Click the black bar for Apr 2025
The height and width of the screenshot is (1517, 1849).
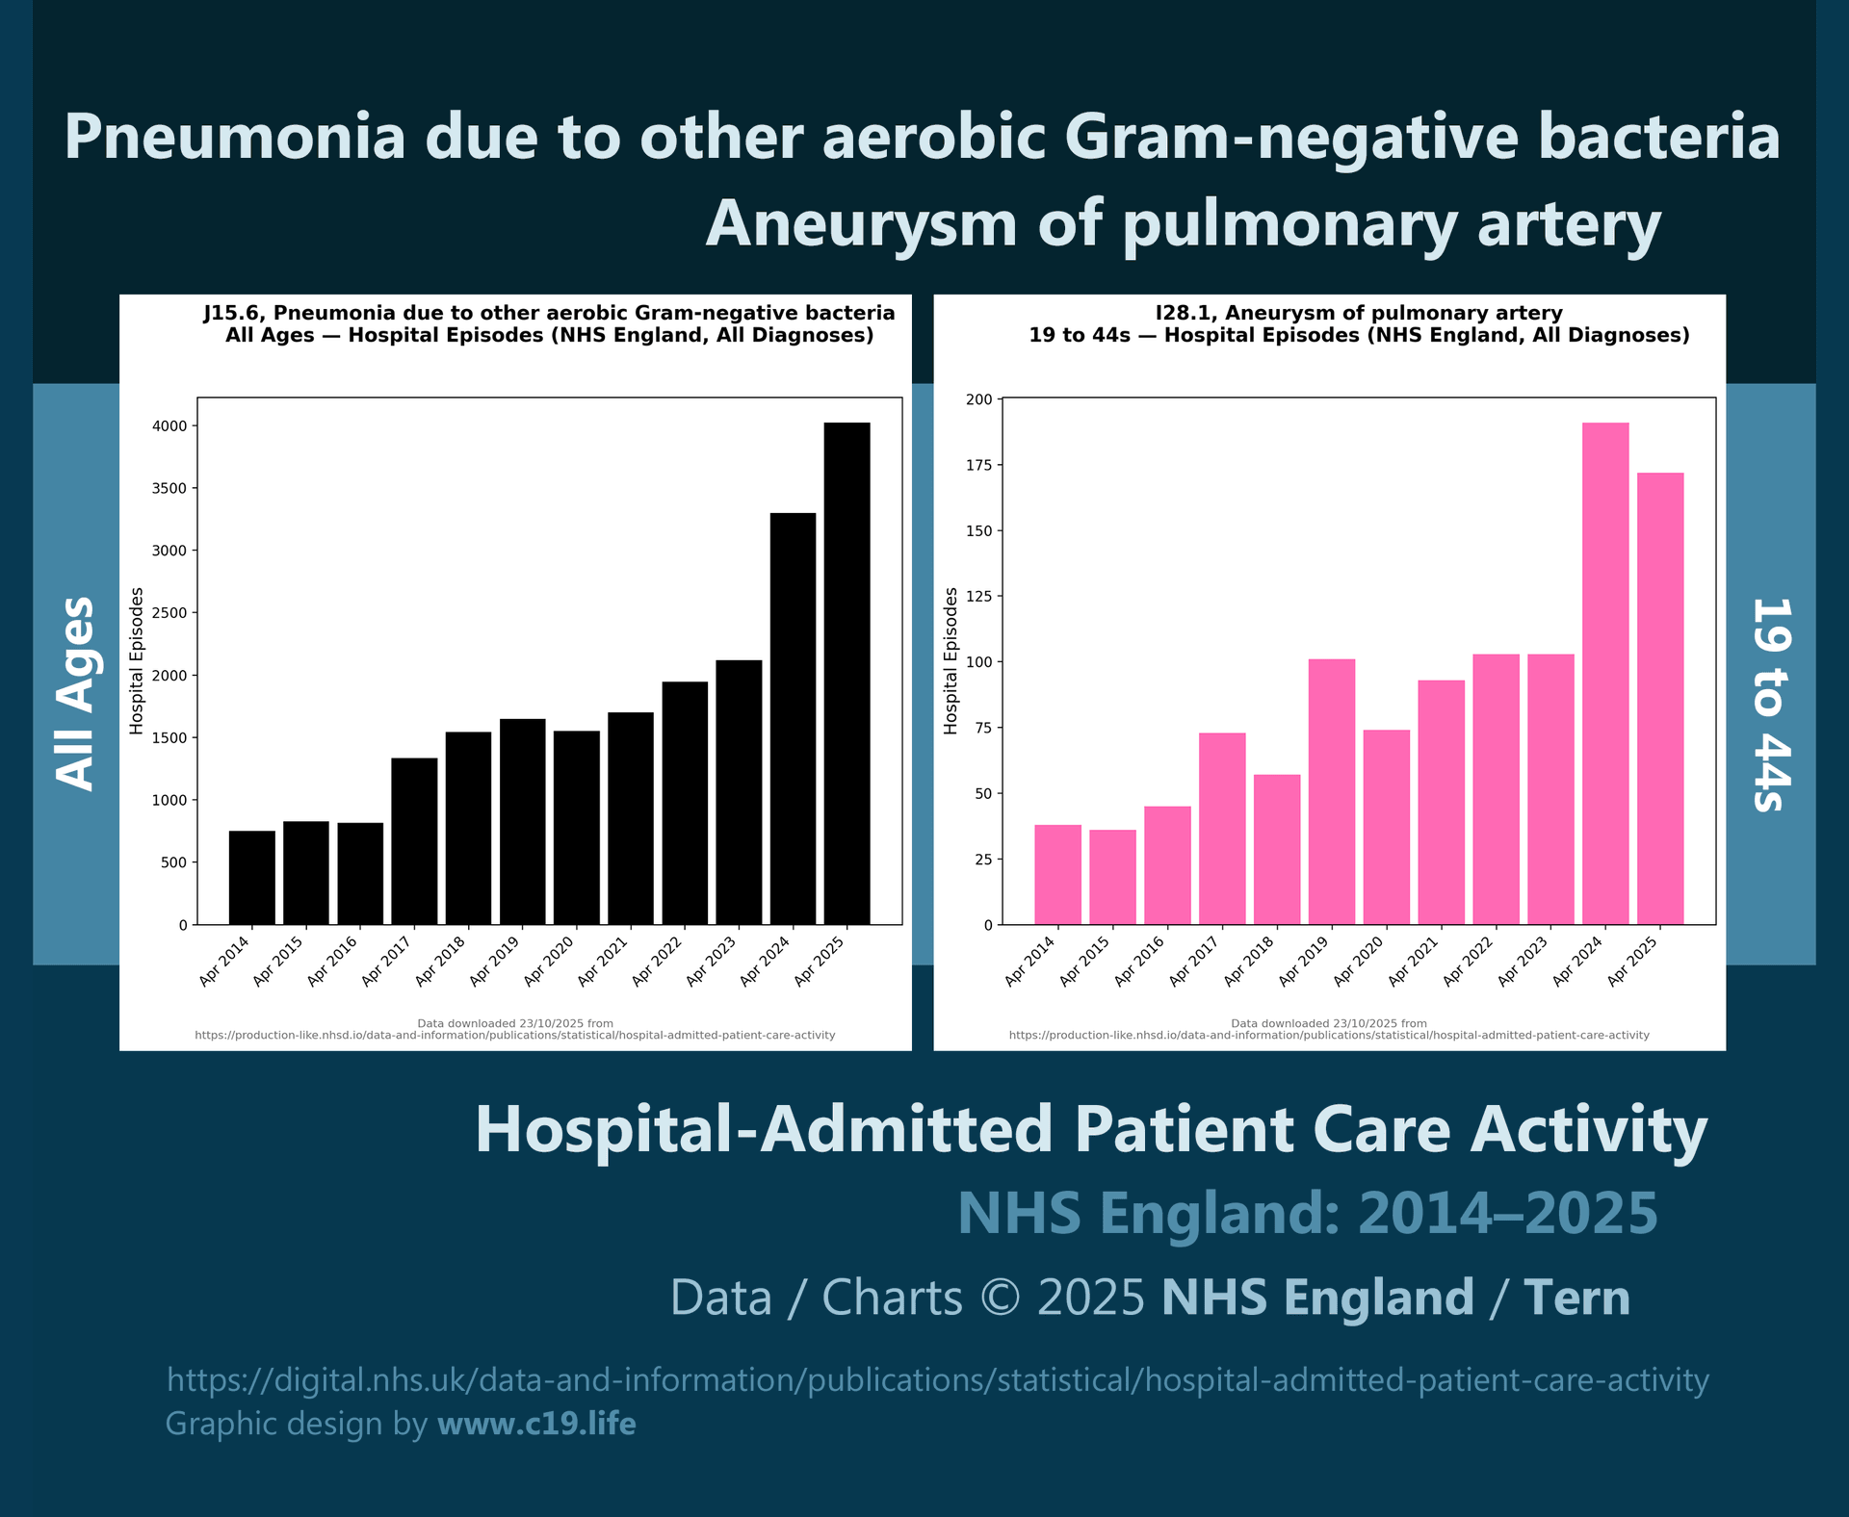click(x=846, y=674)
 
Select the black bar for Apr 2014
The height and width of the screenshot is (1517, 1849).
click(x=251, y=877)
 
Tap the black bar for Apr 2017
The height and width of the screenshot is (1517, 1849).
click(x=414, y=841)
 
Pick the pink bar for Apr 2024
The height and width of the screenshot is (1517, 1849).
click(x=1605, y=674)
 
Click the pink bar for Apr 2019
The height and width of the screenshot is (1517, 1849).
click(x=1331, y=791)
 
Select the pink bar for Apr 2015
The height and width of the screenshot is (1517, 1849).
click(x=1112, y=877)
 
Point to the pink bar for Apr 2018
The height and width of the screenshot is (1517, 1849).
click(x=1277, y=849)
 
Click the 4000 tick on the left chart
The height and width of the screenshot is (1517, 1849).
click(x=169, y=426)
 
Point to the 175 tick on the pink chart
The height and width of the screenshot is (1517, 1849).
click(x=978, y=466)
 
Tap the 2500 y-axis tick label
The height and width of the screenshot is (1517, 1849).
click(x=169, y=613)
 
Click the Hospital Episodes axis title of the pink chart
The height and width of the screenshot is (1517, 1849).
click(x=951, y=661)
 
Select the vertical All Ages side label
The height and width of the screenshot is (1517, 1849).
click(x=75, y=693)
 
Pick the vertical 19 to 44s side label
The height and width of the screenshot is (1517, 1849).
click(x=1770, y=705)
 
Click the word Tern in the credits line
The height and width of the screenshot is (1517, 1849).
click(x=1576, y=1298)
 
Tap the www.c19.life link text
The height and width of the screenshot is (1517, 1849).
click(x=536, y=1424)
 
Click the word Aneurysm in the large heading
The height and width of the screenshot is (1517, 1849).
click(x=861, y=223)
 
